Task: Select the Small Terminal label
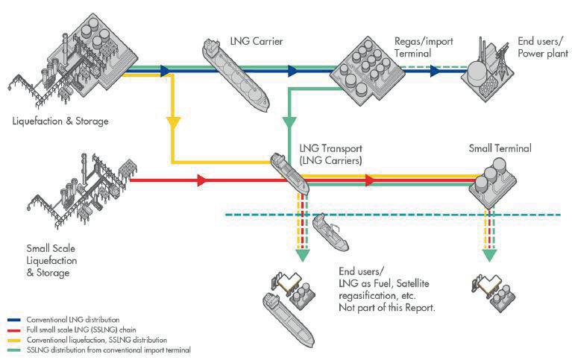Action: tap(500, 148)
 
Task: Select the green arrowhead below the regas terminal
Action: tap(290, 121)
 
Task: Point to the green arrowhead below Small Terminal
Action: tap(489, 254)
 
